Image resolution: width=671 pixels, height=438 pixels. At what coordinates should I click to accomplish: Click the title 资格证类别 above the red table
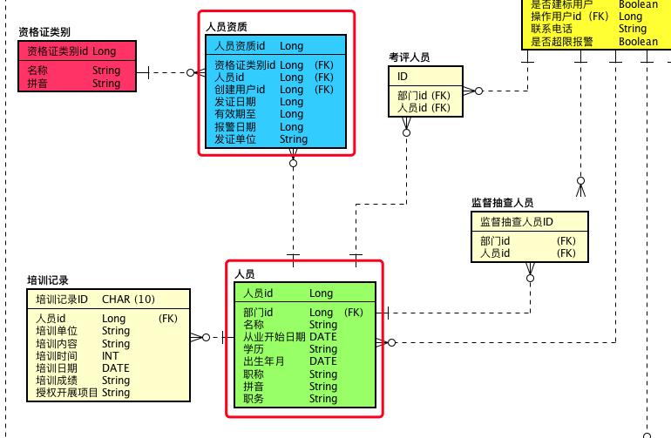coord(44,32)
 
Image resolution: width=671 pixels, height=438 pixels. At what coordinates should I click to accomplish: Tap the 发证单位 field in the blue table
coord(235,139)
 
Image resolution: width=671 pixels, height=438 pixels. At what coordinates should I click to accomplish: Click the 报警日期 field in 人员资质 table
coord(235,127)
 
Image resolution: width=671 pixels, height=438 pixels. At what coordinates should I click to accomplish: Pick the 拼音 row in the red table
coord(37,84)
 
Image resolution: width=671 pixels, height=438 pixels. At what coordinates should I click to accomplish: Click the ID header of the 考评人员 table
coord(403,77)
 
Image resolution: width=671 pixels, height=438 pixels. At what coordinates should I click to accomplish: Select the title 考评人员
coord(409,57)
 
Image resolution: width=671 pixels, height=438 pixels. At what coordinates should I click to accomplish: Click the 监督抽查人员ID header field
coord(517,222)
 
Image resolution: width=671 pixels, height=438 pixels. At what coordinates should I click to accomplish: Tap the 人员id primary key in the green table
coord(258,293)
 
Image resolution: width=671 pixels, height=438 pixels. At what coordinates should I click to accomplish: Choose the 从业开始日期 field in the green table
coord(274,337)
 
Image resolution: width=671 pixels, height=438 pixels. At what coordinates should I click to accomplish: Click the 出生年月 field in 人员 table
coord(264,361)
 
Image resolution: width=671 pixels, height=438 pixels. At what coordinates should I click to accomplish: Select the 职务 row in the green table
coord(254,399)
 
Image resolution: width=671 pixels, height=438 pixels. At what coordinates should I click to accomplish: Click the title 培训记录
coord(48,280)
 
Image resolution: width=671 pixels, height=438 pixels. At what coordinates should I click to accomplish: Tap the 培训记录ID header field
coord(62,300)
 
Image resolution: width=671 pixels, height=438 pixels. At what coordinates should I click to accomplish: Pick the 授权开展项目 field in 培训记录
coord(67,393)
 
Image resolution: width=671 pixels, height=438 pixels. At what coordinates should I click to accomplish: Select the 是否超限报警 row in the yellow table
coord(562,41)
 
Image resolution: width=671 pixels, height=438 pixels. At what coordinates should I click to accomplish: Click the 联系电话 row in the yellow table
coord(552,29)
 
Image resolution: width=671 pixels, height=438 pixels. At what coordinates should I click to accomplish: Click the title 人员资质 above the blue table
coord(226,27)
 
